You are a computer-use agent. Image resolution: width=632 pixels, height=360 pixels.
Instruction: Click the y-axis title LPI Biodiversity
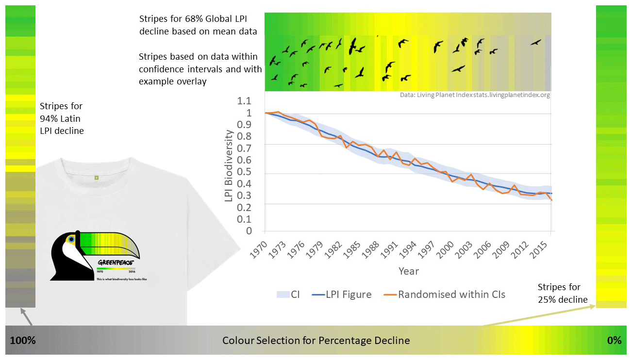coord(229,165)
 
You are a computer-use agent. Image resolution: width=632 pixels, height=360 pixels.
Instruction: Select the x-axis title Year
coord(408,271)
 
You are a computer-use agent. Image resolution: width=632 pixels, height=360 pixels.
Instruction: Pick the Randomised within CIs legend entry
coord(444,295)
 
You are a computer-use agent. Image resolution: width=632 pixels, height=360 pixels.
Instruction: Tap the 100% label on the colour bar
coord(23,341)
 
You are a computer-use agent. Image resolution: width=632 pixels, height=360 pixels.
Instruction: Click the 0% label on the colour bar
coord(614,341)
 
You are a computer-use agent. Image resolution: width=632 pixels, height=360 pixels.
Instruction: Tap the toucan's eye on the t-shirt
coord(72,239)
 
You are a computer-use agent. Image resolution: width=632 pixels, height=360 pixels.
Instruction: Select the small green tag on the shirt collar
coord(96,178)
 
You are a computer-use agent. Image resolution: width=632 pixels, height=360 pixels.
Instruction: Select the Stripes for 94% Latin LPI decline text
coord(61,118)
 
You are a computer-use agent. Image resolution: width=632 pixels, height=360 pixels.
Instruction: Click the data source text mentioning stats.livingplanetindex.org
coord(475,95)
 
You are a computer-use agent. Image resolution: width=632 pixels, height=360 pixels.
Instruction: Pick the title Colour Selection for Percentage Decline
coord(316,341)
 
